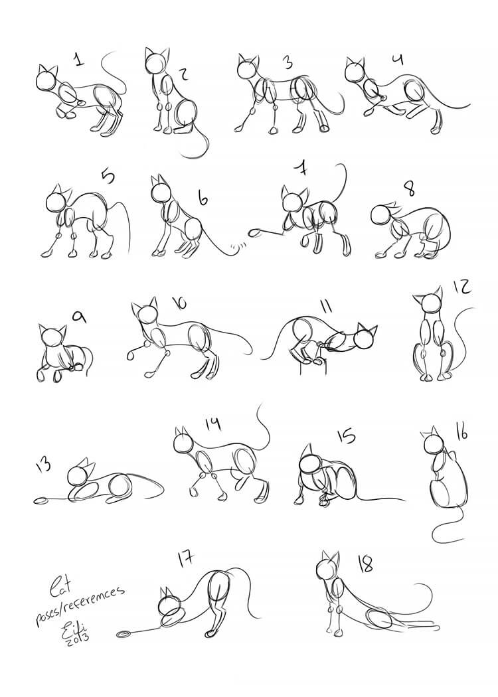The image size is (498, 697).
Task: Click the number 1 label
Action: tap(78, 60)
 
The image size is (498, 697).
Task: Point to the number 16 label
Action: tap(461, 431)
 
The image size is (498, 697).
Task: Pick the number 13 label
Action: tap(44, 467)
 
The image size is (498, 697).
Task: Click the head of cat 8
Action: tap(380, 214)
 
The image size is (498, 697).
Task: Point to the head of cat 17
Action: tap(168, 605)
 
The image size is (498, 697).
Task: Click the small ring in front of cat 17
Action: tap(124, 635)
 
